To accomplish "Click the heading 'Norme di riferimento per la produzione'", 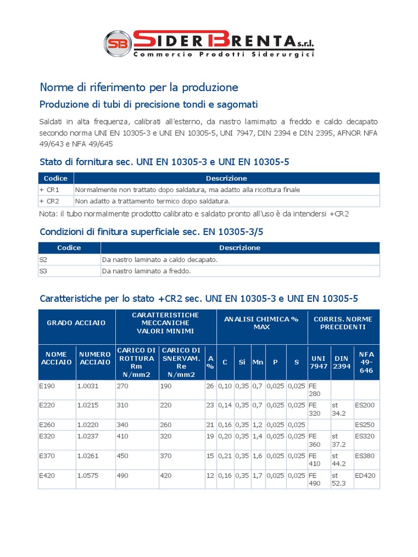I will pos(139,87).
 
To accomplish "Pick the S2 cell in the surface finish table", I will pos(44,259).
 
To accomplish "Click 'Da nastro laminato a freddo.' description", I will pos(146,270).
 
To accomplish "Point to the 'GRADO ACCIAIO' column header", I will pos(76,323).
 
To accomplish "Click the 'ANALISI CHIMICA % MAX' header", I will pos(262,323).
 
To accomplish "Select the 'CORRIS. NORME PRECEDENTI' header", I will pos(343,323).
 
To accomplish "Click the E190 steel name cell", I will pos(48,386).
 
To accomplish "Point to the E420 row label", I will pos(48,476).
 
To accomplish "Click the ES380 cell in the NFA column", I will pos(364,456).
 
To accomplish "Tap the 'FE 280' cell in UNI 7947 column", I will pos(315,389).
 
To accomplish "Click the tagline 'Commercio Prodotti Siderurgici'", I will pos(223,54).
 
